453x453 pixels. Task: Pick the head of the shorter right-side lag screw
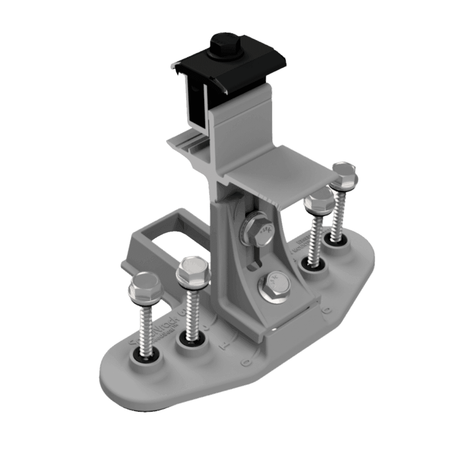click(x=318, y=201)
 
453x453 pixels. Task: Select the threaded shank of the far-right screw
click(x=338, y=214)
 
